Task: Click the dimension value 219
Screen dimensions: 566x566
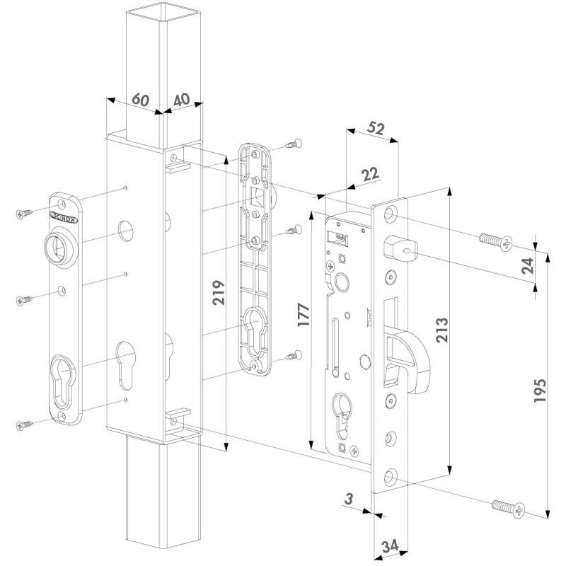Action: click(x=218, y=292)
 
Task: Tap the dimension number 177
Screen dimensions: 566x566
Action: click(x=304, y=315)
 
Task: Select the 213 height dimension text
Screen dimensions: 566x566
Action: click(x=441, y=330)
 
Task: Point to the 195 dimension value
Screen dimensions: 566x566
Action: click(x=540, y=391)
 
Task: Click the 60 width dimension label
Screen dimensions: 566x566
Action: click(x=140, y=99)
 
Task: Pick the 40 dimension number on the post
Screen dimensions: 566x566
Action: click(x=182, y=100)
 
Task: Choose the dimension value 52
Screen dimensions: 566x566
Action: click(x=376, y=129)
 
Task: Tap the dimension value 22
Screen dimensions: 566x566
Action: click(x=370, y=174)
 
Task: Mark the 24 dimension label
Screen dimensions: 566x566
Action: click(x=528, y=266)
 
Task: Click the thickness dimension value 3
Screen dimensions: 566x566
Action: click(x=348, y=499)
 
